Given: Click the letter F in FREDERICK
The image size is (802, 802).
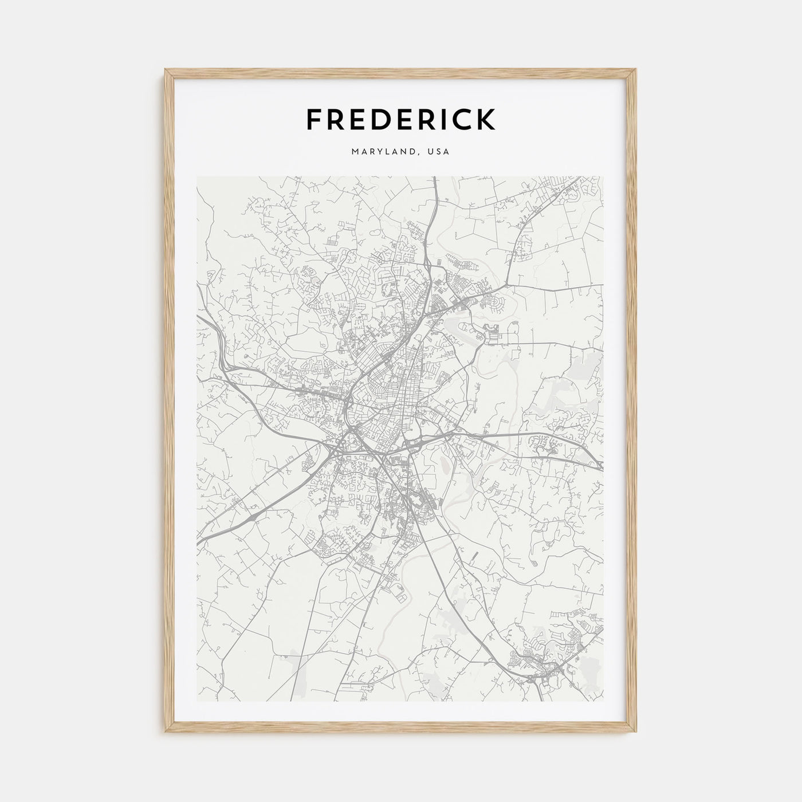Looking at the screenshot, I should pos(315,119).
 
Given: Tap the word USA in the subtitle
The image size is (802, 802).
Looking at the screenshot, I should pos(439,152).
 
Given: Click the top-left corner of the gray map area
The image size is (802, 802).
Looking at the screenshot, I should pos(197,176).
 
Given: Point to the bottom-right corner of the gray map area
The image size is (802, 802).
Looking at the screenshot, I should pos(603,702).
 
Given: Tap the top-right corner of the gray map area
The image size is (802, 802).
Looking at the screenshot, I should pos(603,176).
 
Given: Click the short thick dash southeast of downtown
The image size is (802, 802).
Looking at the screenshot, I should pos(476,556).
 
